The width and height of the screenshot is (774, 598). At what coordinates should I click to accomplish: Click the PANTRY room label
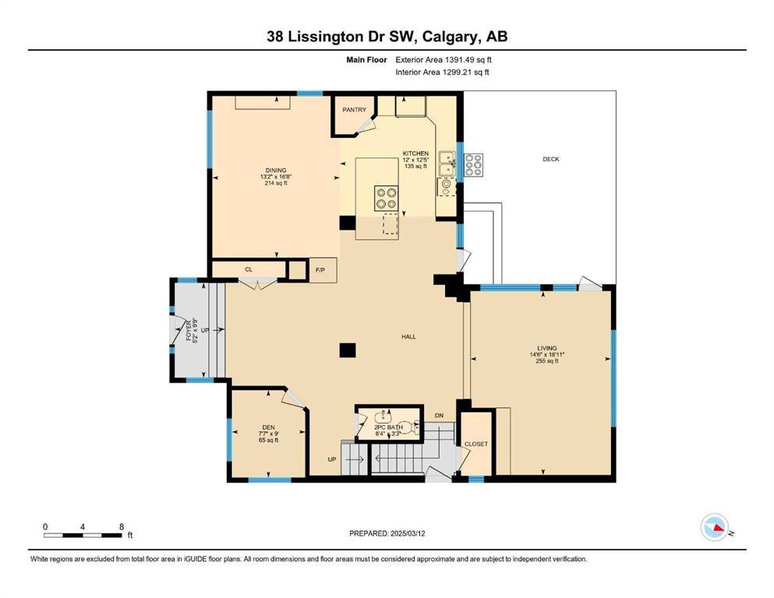click(x=354, y=110)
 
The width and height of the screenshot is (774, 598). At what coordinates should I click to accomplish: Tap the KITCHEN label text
click(x=415, y=153)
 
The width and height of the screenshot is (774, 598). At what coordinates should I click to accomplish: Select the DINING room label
click(x=275, y=171)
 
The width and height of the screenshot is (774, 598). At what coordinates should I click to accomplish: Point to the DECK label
click(x=551, y=159)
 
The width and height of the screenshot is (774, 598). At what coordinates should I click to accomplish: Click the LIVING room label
click(x=546, y=348)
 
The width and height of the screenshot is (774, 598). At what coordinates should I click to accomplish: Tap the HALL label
click(x=408, y=336)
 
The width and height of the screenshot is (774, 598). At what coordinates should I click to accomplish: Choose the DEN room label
click(x=268, y=427)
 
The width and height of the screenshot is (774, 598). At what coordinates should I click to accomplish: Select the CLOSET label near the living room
click(x=475, y=444)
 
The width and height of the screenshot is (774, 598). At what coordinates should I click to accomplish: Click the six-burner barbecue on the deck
click(x=472, y=165)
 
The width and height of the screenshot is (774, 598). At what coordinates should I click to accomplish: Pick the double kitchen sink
click(x=447, y=166)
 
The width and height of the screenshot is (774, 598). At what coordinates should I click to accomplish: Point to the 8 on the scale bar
click(x=121, y=526)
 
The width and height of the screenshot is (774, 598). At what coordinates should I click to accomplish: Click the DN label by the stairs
click(x=438, y=415)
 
